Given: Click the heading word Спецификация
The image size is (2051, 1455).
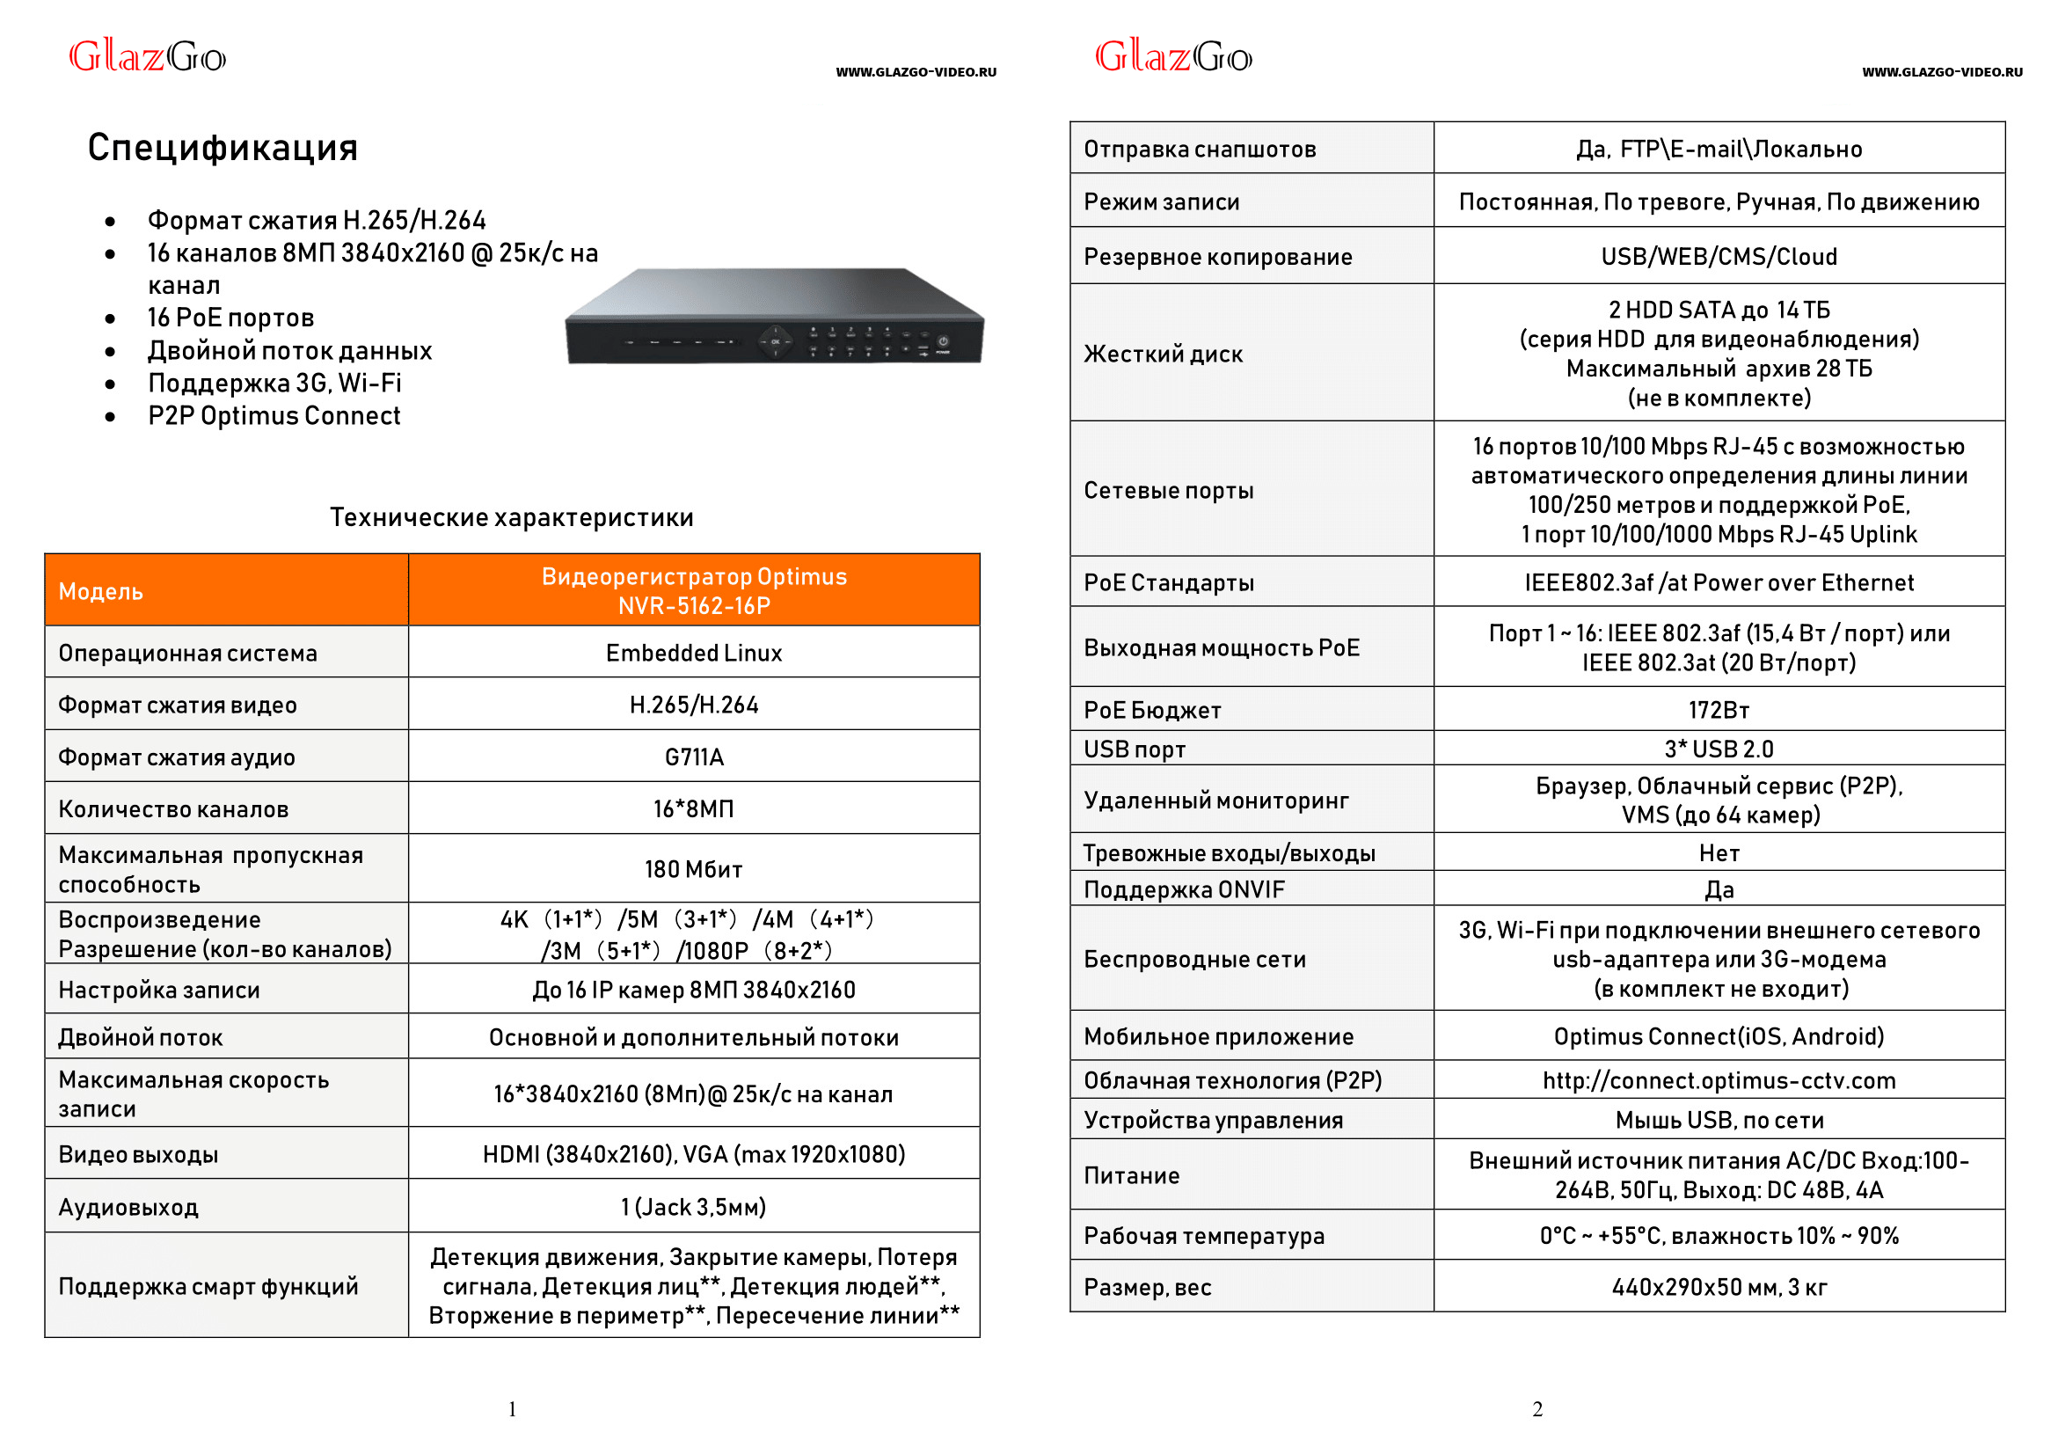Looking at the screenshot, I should [x=223, y=148].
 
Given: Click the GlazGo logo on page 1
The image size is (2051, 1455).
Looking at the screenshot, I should [x=148, y=56].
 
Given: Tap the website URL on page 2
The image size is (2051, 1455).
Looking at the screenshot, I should [x=1941, y=72].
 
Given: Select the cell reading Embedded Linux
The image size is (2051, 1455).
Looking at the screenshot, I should [x=693, y=653].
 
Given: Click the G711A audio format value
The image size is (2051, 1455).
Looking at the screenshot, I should [x=693, y=757].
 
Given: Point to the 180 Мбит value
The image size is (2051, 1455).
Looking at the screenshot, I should [x=693, y=869].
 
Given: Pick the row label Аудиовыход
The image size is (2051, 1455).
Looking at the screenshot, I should [x=129, y=1208].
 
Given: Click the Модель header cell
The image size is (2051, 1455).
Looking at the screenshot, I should [x=101, y=591].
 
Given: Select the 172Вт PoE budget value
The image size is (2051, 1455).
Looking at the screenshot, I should [x=1718, y=711].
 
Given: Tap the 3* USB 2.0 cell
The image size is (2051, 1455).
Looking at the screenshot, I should [x=1718, y=749].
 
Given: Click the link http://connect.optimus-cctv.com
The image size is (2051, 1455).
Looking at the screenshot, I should [x=1718, y=1080].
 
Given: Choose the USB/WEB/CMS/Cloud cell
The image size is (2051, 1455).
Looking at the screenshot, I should [x=1718, y=257].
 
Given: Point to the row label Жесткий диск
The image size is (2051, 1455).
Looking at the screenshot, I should [x=1163, y=354].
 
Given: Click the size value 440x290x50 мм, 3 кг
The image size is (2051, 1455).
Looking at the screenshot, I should [x=1718, y=1288].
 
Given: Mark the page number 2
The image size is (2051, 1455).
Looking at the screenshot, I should [x=1536, y=1409].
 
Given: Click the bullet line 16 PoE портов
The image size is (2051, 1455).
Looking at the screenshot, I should [x=230, y=318].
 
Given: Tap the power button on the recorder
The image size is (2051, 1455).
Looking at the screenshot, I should [x=943, y=341].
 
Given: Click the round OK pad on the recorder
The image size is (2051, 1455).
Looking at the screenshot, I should [x=776, y=341].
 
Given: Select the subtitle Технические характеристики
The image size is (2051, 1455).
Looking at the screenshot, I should [x=511, y=518].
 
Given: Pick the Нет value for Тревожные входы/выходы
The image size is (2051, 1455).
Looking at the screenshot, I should [x=1718, y=853].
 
